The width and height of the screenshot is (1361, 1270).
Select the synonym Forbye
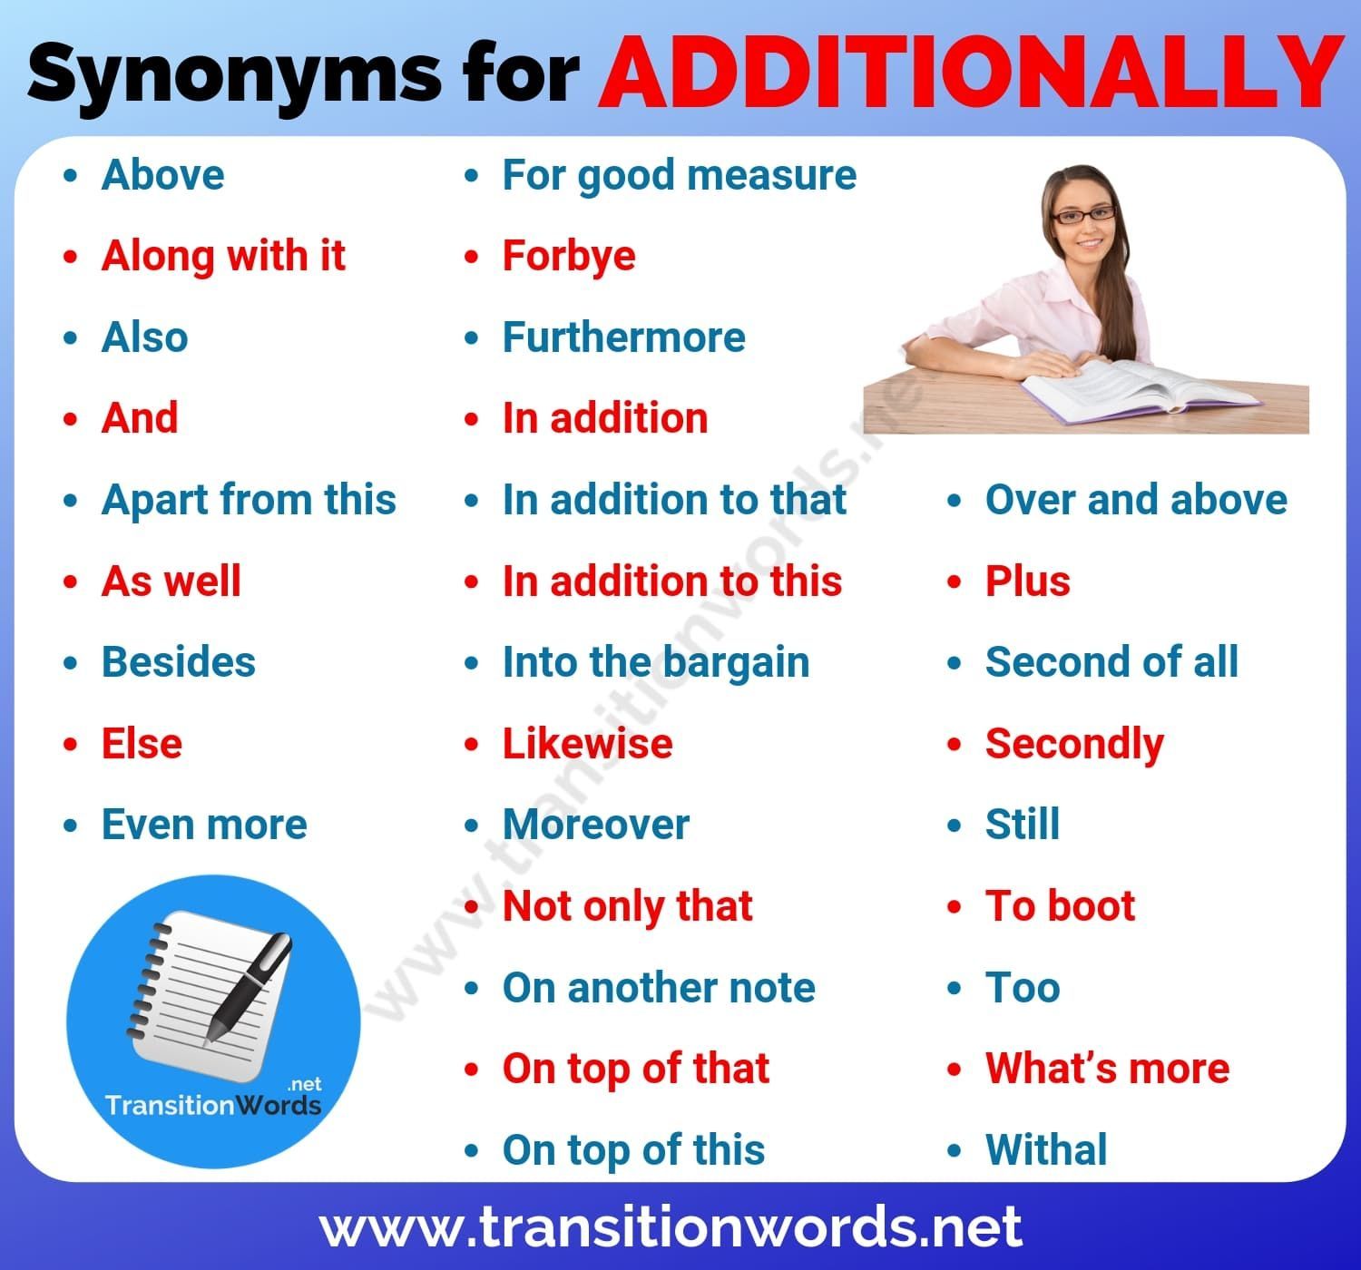(x=569, y=257)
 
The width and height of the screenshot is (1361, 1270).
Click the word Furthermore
(x=623, y=337)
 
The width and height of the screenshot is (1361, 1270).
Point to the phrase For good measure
(x=679, y=176)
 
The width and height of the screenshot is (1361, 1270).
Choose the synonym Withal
(x=1046, y=1149)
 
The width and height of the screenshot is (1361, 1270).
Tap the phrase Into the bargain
(x=656, y=663)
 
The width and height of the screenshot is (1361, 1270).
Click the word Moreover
(x=596, y=824)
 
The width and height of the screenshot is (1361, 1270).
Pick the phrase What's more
(x=1108, y=1068)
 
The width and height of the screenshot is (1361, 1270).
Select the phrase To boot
(x=1060, y=905)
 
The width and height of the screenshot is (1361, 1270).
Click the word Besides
(x=178, y=662)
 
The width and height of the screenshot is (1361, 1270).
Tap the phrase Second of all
(x=1111, y=661)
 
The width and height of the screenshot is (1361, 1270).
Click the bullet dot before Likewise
(x=472, y=745)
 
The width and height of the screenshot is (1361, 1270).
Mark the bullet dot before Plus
(x=954, y=581)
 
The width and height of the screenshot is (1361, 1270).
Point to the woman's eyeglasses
(x=1083, y=216)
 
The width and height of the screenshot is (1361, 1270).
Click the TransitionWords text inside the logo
(x=213, y=1105)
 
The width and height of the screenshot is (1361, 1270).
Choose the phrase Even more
(x=204, y=824)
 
